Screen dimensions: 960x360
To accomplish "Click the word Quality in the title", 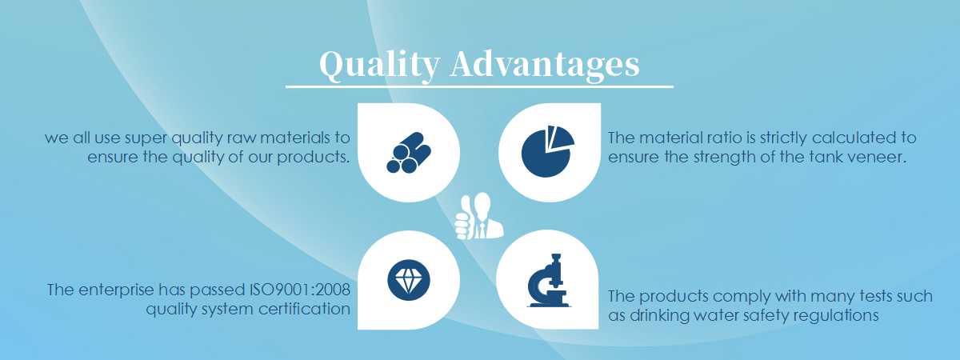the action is click(x=380, y=66).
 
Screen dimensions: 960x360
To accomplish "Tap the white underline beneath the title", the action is click(x=479, y=86).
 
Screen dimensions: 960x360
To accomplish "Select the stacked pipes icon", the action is click(x=409, y=153).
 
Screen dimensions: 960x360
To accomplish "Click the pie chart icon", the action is click(x=547, y=151).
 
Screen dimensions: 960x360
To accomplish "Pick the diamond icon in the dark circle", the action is click(x=409, y=280).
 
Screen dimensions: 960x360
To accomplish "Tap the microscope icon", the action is click(x=548, y=280).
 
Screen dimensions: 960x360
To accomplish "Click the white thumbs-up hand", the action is click(x=464, y=218).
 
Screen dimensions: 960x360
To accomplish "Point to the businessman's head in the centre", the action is click(x=483, y=203).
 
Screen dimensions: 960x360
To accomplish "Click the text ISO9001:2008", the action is click(x=300, y=290).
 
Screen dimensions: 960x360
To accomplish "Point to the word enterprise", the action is click(x=116, y=290).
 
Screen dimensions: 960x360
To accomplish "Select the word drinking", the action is click(x=659, y=316).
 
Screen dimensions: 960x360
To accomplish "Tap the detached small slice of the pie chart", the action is click(x=561, y=137).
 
